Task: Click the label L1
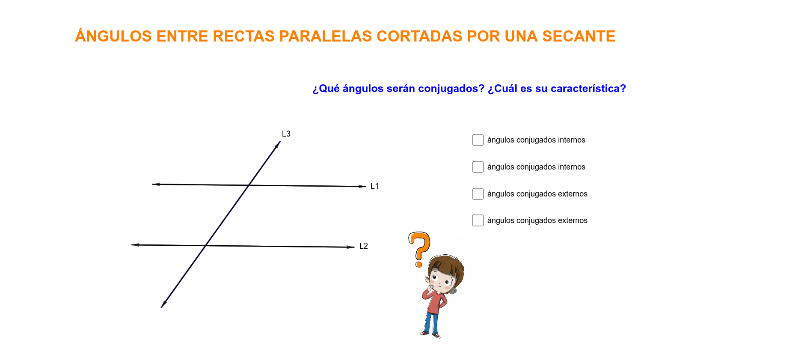point(374,186)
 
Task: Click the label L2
point(364,246)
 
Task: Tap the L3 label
point(286,134)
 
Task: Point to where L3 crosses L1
point(249,185)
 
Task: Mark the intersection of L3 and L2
point(206,246)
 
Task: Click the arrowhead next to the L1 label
point(362,186)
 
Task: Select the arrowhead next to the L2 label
point(350,247)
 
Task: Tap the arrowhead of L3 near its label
point(278,145)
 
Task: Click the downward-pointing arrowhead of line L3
point(163,304)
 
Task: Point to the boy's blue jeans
point(431,323)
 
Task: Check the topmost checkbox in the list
point(478,140)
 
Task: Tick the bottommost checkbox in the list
point(478,220)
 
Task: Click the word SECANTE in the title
point(579,36)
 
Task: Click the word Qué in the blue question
point(329,89)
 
